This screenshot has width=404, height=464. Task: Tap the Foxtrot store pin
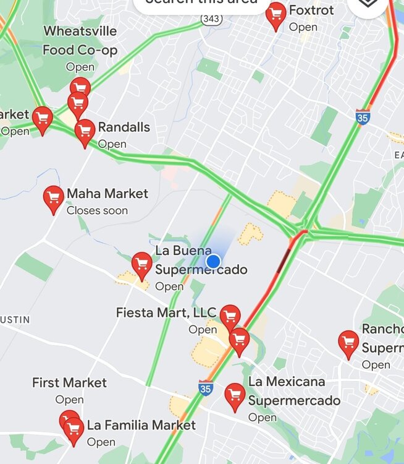coord(276,15)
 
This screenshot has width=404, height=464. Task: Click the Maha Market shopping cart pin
coord(54,199)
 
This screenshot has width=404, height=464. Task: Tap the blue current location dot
coord(214,261)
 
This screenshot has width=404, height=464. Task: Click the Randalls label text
coord(124,127)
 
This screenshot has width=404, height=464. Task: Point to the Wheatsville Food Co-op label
coord(80,41)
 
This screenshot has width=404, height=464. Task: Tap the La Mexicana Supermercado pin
coord(235,396)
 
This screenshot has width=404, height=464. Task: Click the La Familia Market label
coord(141,426)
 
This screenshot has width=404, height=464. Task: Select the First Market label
coord(69,383)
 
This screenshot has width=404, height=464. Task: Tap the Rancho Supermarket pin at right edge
coord(348,343)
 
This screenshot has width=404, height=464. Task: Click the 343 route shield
coord(211,20)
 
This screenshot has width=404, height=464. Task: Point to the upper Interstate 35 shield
coord(363,116)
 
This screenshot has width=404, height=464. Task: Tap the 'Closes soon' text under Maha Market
coord(97,210)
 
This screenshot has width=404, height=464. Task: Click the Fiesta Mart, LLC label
coord(166,313)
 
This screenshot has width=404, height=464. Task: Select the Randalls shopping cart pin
coord(85,131)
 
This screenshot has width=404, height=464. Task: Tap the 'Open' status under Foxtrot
coord(303,27)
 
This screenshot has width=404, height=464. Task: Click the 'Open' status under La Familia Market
coord(101,442)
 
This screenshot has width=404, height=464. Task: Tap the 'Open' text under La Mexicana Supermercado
coord(262,418)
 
